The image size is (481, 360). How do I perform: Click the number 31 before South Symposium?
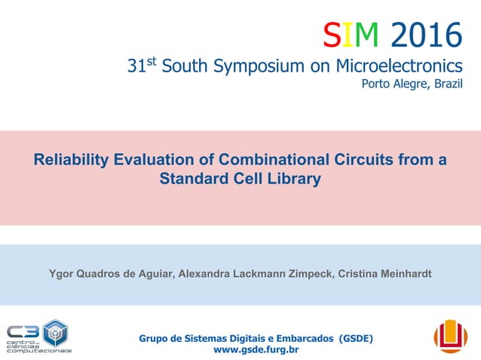136,68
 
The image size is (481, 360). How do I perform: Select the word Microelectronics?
400,68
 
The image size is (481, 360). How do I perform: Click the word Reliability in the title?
71,160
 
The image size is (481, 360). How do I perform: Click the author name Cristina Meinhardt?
388,273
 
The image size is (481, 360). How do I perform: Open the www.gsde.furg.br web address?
256,350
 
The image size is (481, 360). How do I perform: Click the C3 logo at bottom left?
38,337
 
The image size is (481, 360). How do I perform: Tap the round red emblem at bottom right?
450,336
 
